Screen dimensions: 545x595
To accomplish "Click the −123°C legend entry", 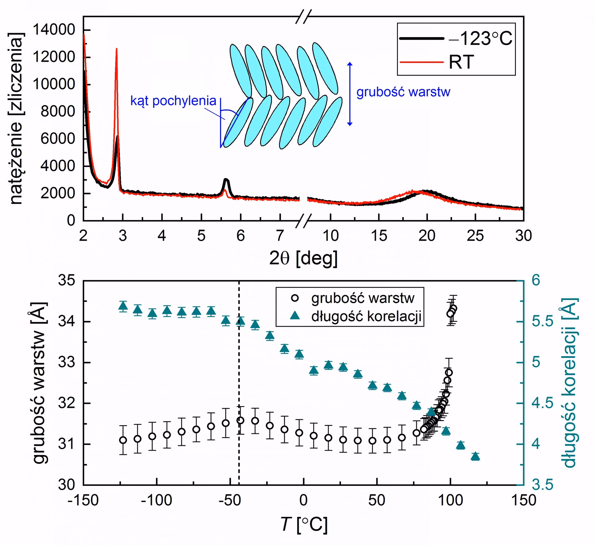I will coord(456,39).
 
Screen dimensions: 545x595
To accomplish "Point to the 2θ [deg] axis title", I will coord(303,258).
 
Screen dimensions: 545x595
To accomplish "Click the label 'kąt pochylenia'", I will coord(173,101).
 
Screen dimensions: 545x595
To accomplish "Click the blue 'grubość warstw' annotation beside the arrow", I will coord(403,92).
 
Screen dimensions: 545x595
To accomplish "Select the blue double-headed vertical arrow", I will coord(350,94).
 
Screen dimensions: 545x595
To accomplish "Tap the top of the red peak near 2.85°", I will coord(117,49).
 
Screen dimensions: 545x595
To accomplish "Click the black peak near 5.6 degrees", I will coord(226,180).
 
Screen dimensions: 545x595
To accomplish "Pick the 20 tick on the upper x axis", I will coord(427,236).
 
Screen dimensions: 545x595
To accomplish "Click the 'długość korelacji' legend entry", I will coord(366,316).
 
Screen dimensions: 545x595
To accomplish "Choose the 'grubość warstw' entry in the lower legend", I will coord(363,298).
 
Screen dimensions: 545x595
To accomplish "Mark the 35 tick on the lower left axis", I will coord(66,281).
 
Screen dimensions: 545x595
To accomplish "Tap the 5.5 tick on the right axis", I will coord(543,321).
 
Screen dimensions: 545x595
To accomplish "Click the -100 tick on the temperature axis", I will coord(156,500).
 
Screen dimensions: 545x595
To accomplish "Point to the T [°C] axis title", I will coord(304,525).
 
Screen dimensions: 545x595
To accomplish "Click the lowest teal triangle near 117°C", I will coord(475,456).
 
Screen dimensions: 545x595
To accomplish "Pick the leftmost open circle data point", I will coord(123,440).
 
